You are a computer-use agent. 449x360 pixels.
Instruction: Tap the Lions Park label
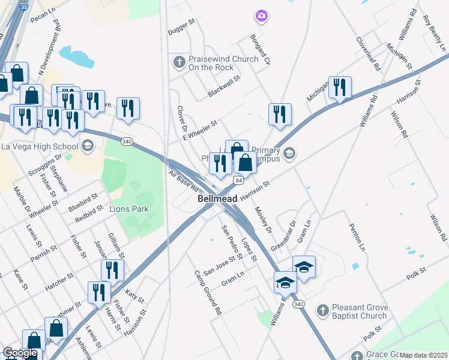tap(128, 209)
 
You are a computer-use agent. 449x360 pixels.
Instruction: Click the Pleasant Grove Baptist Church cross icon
tap(323, 311)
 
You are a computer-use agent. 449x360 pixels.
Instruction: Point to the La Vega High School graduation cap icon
tap(88, 146)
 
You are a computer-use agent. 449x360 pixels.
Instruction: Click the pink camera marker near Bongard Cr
tap(261, 16)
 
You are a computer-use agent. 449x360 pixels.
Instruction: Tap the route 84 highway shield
tap(239, 180)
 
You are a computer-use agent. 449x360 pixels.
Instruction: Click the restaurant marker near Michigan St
tap(340, 88)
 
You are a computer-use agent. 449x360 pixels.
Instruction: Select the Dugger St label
tap(182, 27)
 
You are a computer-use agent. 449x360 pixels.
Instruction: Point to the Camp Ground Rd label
tap(208, 293)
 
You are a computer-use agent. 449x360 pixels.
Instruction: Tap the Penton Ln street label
tap(357, 238)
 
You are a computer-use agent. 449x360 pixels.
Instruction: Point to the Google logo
tap(20, 353)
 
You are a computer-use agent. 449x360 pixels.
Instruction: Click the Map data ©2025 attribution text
tap(423, 355)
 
